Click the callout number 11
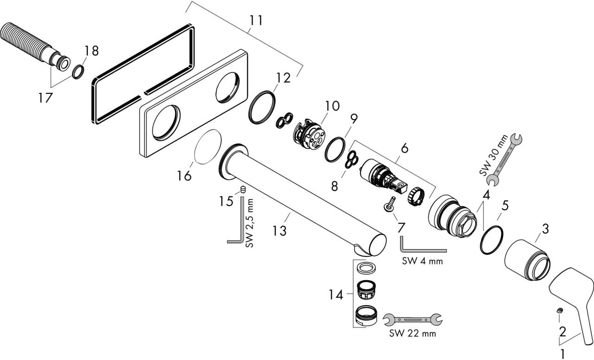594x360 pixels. (256, 20)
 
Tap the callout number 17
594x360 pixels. (45, 98)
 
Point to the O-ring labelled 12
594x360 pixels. (262, 107)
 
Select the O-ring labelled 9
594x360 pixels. (335, 149)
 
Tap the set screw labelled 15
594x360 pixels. (243, 190)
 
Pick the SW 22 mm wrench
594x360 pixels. (413, 320)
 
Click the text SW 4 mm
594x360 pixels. (422, 261)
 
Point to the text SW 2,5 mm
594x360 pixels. (250, 223)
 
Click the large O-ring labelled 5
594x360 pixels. (491, 240)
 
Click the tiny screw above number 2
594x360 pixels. (560, 310)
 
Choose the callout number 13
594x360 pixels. (280, 231)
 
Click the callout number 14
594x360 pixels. (336, 295)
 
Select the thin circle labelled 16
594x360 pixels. (207, 147)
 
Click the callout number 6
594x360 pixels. (405, 148)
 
